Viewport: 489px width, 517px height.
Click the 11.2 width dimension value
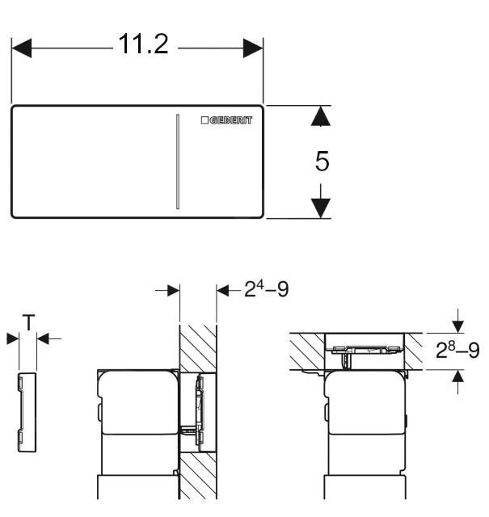click(x=144, y=44)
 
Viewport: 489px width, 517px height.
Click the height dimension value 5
click(x=322, y=162)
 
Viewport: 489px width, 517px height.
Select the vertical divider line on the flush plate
click(x=175, y=162)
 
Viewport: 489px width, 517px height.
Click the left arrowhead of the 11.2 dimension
click(x=21, y=48)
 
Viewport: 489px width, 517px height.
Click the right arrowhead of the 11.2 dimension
click(x=254, y=48)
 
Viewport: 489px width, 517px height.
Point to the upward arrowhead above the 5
click(x=322, y=117)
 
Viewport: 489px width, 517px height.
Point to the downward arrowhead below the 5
click(x=322, y=207)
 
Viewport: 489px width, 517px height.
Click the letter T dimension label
click(x=28, y=323)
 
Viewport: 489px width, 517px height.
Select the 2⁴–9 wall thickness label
click(x=266, y=289)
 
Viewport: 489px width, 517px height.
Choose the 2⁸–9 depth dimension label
click(x=457, y=351)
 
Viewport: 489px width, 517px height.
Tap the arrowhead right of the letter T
click(x=44, y=339)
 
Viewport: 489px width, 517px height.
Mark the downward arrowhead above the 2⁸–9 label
click(x=458, y=325)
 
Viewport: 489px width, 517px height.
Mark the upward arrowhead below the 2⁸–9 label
click(x=458, y=376)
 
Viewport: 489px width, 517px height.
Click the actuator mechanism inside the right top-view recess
click(x=363, y=348)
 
